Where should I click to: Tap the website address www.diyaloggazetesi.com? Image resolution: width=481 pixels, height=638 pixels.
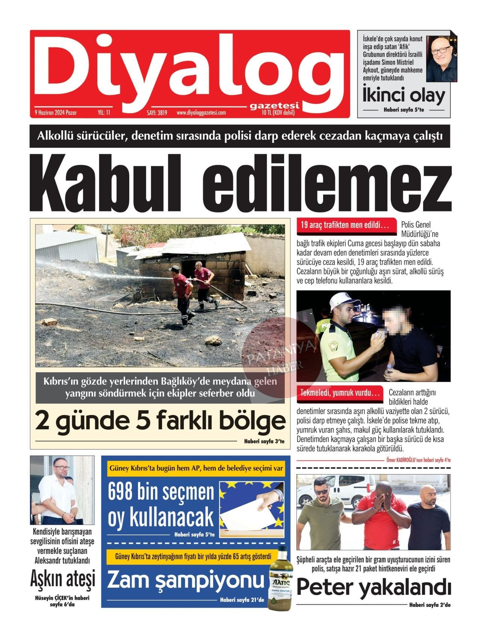(x=201, y=112)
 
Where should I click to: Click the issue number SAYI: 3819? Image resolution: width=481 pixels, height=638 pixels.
(x=157, y=112)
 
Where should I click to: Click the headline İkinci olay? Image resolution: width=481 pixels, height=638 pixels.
(x=404, y=95)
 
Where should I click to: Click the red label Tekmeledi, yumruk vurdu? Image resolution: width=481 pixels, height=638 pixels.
(x=340, y=393)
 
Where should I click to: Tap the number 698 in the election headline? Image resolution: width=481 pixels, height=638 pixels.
(x=120, y=492)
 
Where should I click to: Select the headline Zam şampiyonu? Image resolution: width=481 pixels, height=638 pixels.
(x=186, y=580)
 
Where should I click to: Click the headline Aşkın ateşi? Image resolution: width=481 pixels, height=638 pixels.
(x=62, y=579)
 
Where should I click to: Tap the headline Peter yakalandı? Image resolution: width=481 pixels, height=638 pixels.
(x=374, y=588)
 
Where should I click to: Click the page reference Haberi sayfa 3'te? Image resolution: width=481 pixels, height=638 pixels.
(x=267, y=441)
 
